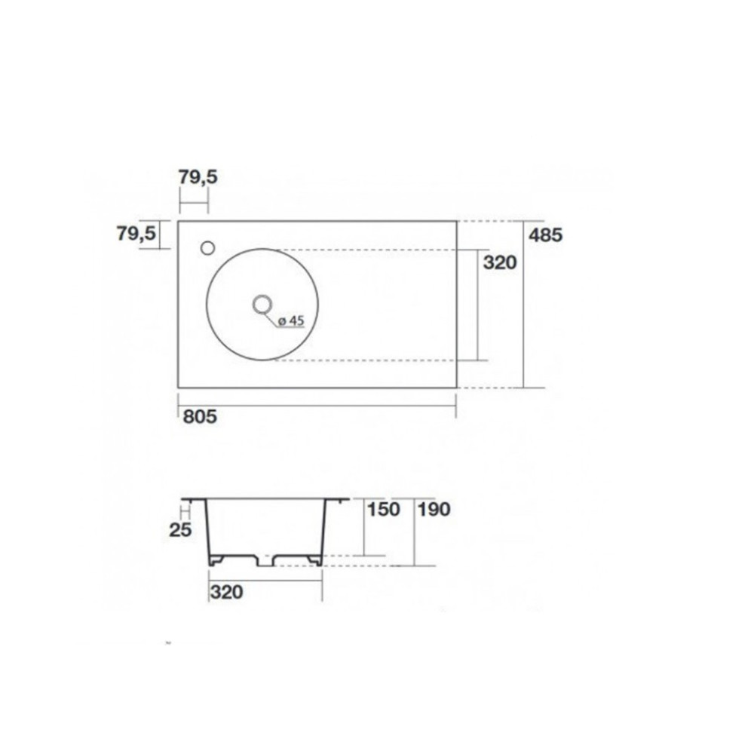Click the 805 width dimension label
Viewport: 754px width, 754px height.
[x=200, y=416]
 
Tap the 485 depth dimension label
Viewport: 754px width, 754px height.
[x=545, y=235]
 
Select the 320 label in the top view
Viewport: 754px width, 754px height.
[x=500, y=262]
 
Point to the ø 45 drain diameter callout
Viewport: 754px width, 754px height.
[x=291, y=320]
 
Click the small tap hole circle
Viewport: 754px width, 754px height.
[x=208, y=248]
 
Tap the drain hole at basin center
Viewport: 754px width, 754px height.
[x=262, y=304]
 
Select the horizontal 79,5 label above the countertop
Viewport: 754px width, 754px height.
[x=198, y=177]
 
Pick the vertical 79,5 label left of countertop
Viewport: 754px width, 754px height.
[x=136, y=234]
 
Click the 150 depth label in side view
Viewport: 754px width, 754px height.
[x=384, y=510]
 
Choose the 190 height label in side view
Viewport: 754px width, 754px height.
[x=434, y=510]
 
